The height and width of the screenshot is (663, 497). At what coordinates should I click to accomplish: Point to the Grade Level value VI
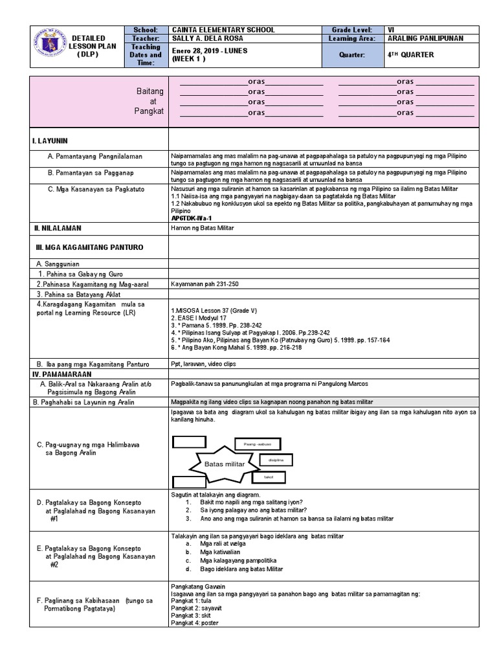tap(390, 30)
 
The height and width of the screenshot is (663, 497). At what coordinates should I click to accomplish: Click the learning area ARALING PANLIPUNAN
tap(427, 39)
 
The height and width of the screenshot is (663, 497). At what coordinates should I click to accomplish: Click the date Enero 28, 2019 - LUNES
tap(210, 51)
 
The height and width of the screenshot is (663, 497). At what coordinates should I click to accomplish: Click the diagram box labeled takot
tap(269, 477)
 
